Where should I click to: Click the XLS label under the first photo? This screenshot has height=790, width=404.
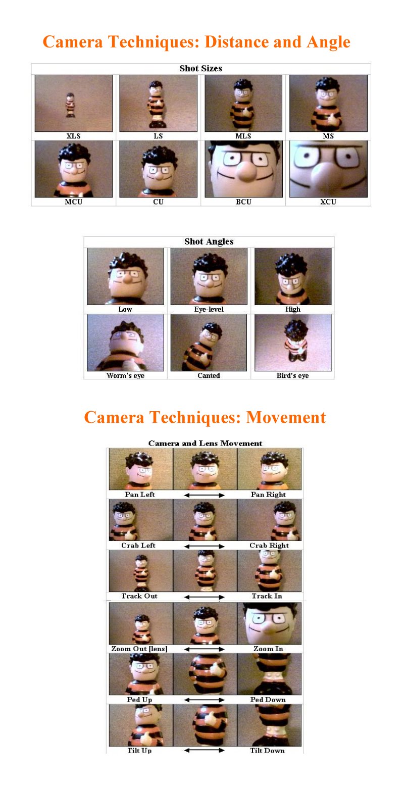click(73, 136)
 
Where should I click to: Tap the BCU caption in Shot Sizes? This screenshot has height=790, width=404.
click(243, 202)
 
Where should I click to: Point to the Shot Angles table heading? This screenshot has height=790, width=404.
click(209, 241)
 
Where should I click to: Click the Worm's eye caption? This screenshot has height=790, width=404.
click(126, 376)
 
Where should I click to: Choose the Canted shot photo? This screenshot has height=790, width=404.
click(209, 342)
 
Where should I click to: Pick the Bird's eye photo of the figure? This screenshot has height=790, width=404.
click(293, 342)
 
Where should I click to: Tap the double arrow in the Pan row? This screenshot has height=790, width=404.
click(204, 495)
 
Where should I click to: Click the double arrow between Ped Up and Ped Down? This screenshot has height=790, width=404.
click(204, 700)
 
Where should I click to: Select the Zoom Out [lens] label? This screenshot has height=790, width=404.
click(139, 649)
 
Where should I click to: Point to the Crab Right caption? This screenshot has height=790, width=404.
click(269, 545)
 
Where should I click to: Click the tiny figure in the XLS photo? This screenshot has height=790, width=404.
click(71, 105)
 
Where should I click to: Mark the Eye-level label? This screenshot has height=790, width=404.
click(209, 309)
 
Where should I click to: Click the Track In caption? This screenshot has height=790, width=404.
click(267, 596)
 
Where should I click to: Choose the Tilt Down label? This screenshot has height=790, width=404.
click(267, 751)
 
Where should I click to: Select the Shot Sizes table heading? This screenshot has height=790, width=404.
click(200, 68)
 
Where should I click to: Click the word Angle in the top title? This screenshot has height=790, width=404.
click(328, 42)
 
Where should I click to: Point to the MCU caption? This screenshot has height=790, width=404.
click(73, 202)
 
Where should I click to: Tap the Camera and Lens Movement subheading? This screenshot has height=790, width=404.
click(205, 443)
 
